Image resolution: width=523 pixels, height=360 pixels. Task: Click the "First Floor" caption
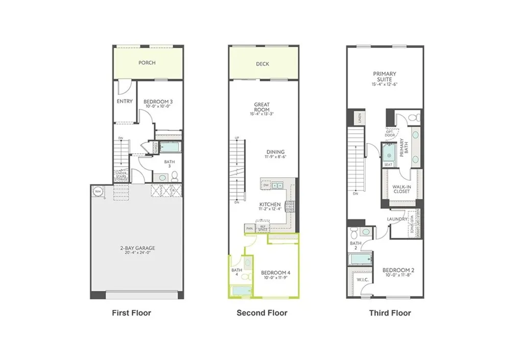click(131, 313)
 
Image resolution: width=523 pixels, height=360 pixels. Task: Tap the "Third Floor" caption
click(390, 313)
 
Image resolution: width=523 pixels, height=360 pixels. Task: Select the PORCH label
click(147, 63)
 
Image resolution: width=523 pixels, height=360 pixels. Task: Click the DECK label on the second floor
click(263, 64)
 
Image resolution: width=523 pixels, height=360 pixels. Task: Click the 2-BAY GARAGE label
click(134, 248)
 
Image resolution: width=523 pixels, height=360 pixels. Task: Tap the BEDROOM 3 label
click(158, 102)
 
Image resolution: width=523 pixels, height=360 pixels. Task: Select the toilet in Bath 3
click(175, 177)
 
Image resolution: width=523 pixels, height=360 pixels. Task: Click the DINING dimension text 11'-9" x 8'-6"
click(275, 158)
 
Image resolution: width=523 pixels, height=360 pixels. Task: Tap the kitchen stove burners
click(289, 206)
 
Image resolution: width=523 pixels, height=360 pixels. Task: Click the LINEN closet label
click(361, 118)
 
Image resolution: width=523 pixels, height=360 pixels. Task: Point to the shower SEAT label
click(388, 165)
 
